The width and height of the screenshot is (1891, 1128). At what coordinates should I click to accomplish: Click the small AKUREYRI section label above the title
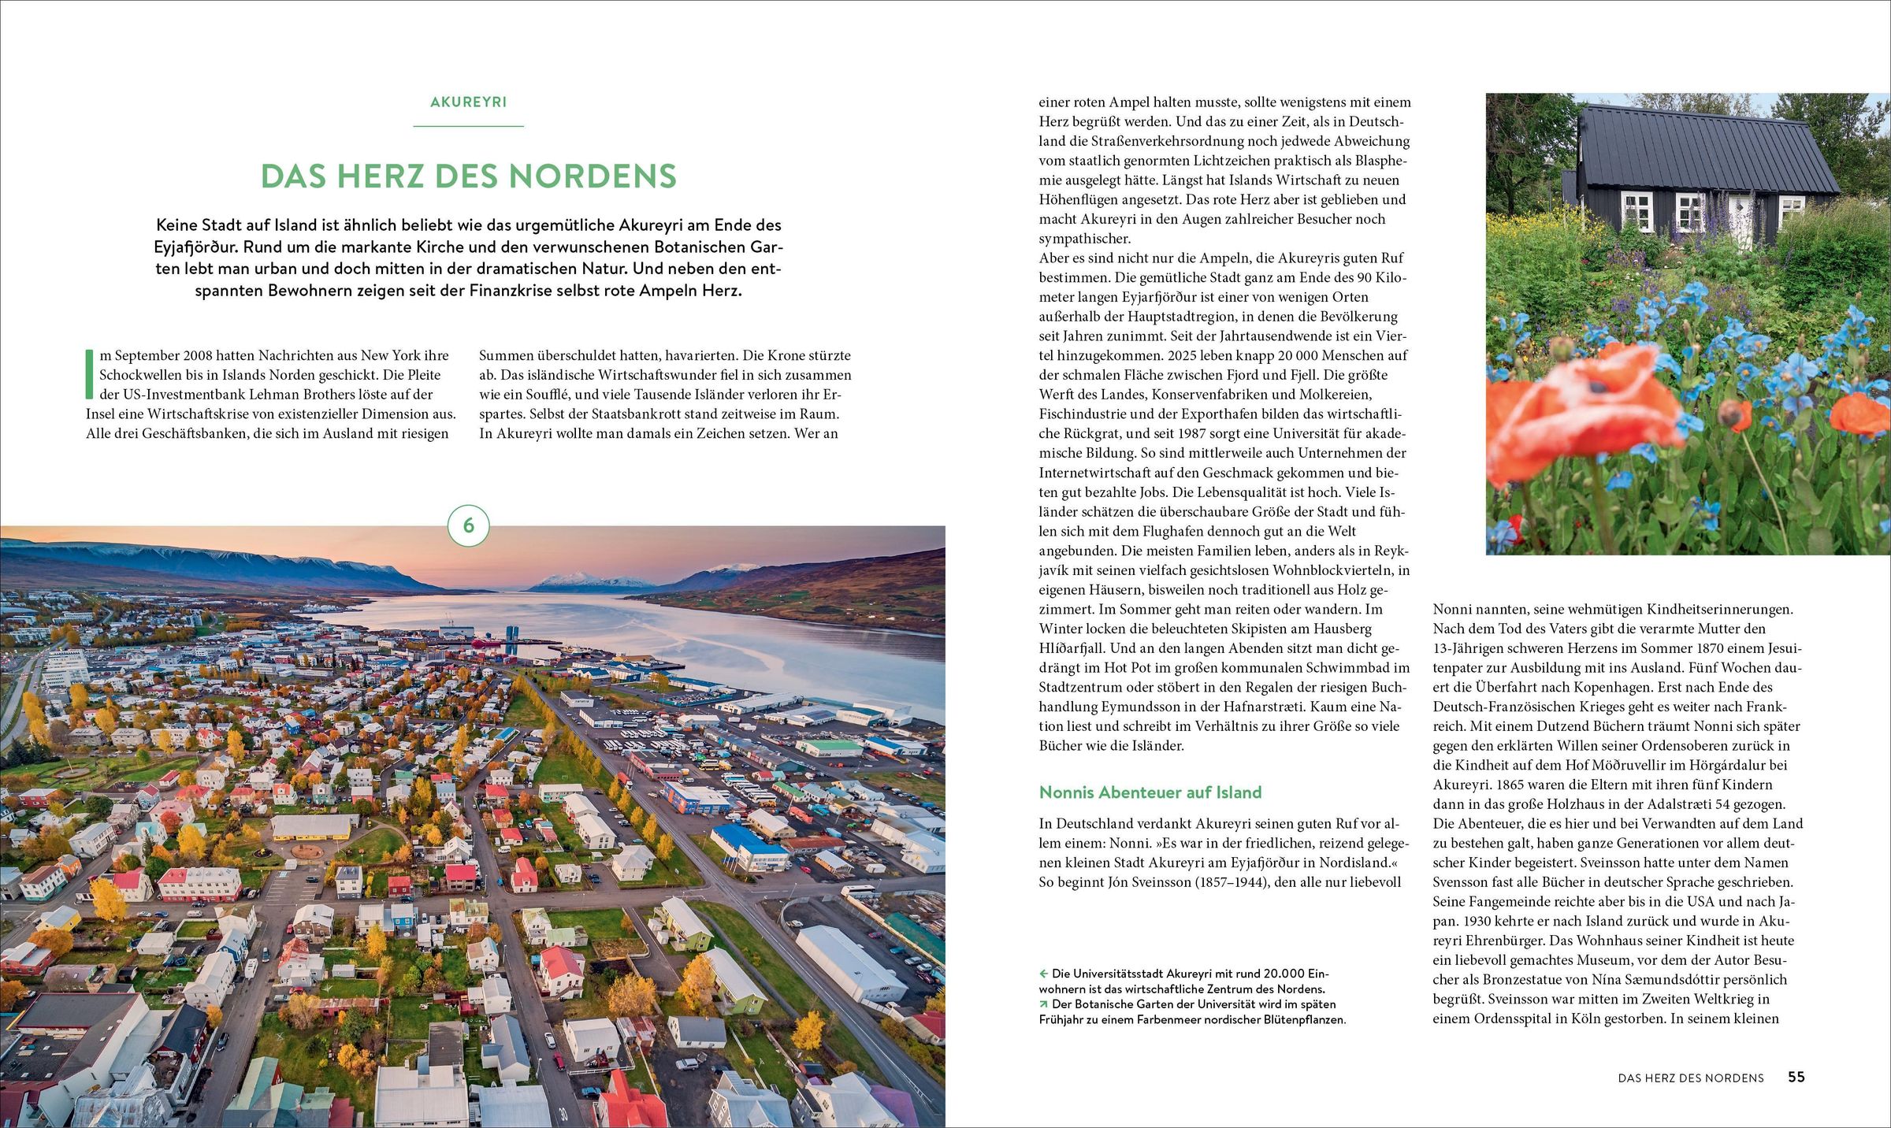click(468, 102)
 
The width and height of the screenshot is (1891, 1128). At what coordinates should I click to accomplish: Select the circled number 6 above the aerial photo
click(469, 525)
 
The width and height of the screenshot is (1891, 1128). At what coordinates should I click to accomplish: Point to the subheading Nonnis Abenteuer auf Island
click(1150, 792)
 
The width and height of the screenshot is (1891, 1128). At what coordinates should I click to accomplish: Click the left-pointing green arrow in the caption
click(1044, 974)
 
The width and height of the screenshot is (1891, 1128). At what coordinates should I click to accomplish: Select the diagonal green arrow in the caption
click(1044, 1004)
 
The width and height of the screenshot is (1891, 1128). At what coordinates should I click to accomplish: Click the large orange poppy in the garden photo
click(1584, 410)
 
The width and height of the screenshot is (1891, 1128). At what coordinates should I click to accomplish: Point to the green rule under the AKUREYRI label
click(468, 126)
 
